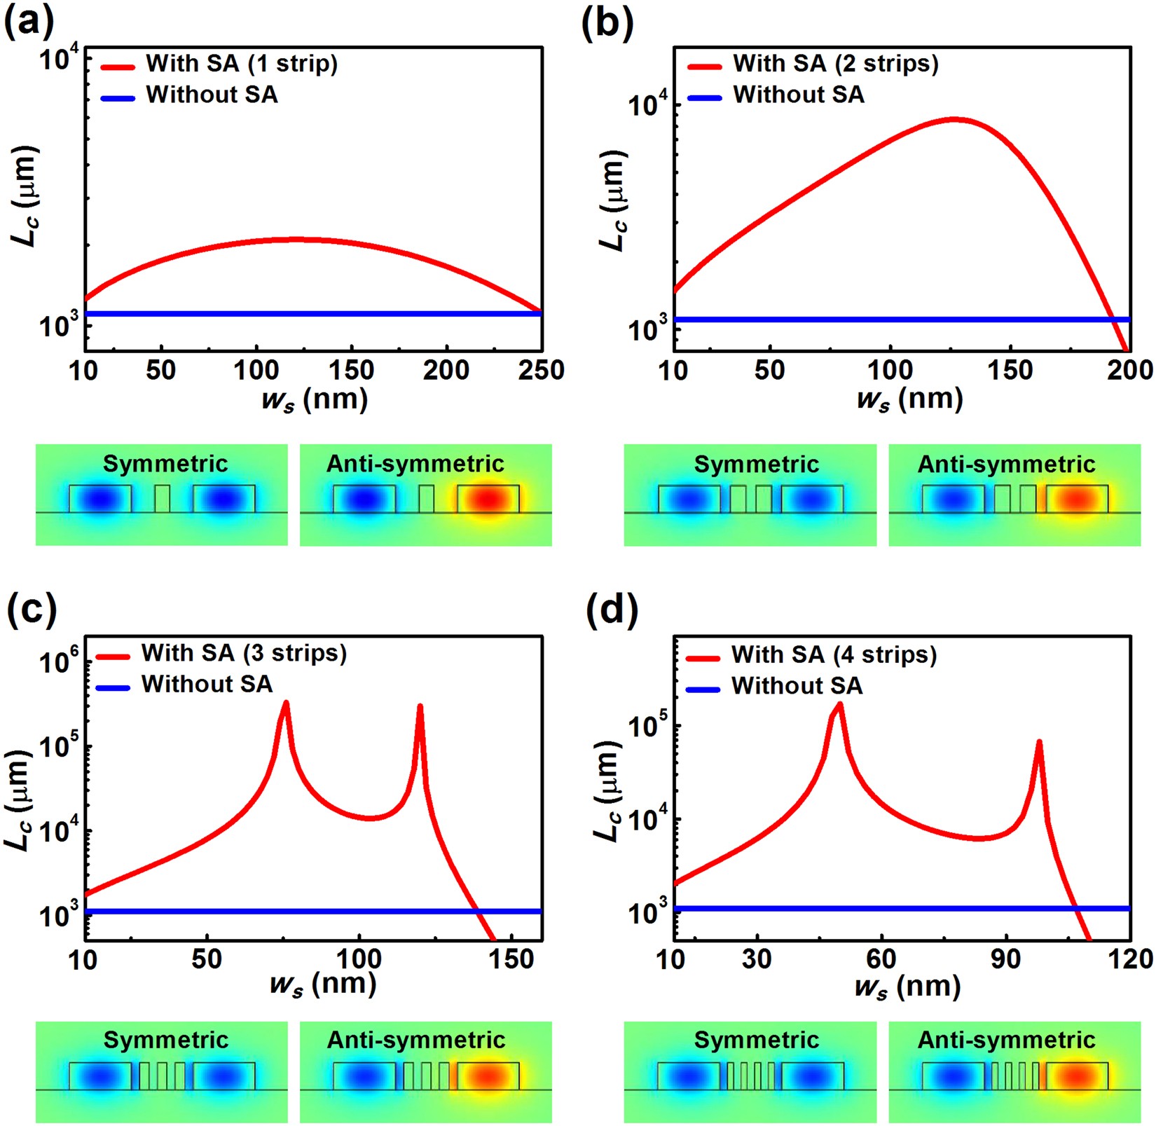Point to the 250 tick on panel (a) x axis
tap(541, 370)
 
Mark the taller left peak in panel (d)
tap(839, 704)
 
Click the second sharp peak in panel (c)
tap(420, 706)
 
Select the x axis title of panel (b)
tap(909, 399)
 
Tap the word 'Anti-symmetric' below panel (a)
tap(415, 464)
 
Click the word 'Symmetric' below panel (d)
tap(756, 1040)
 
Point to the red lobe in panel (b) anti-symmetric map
tap(1077, 499)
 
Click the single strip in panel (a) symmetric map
tap(162, 498)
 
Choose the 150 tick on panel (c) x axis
tap(511, 959)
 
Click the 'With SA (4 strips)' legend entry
tap(834, 654)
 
